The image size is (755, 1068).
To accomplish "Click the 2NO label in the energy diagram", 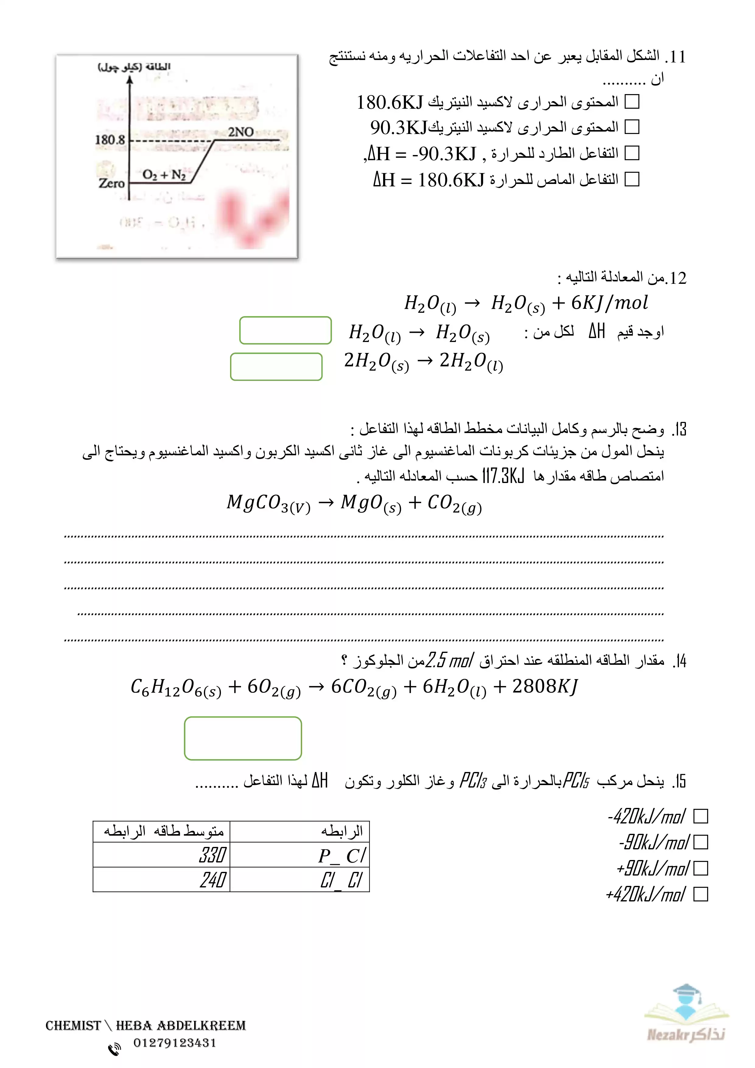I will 240,132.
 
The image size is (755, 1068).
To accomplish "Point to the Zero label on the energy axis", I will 112,183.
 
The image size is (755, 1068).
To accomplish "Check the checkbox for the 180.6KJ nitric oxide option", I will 632,101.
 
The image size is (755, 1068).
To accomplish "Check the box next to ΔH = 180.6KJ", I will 632,179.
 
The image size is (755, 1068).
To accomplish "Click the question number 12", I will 677,278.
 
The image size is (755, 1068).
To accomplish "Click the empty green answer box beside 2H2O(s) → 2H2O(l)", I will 276,367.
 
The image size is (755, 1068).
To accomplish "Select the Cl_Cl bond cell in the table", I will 300,879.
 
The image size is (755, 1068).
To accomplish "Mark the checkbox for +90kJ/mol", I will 700,868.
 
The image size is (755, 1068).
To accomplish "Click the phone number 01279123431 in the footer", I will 175,1043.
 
